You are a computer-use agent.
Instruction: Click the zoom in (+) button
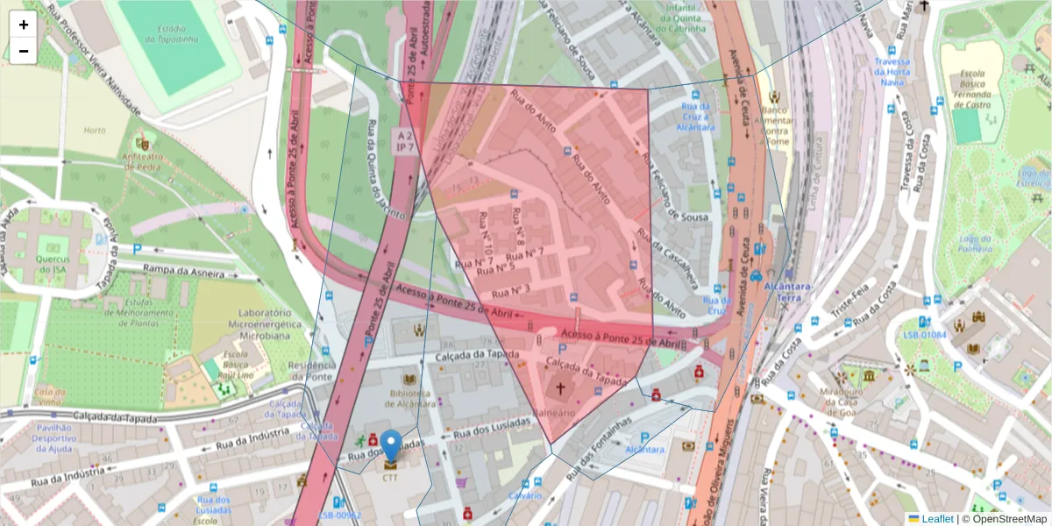point(24,25)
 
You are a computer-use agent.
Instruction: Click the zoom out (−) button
point(24,51)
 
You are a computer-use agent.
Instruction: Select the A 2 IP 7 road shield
point(404,141)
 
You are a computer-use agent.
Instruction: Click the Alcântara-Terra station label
point(790,292)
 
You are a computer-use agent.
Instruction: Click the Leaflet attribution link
point(937,519)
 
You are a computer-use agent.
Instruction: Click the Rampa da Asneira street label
point(190,272)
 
